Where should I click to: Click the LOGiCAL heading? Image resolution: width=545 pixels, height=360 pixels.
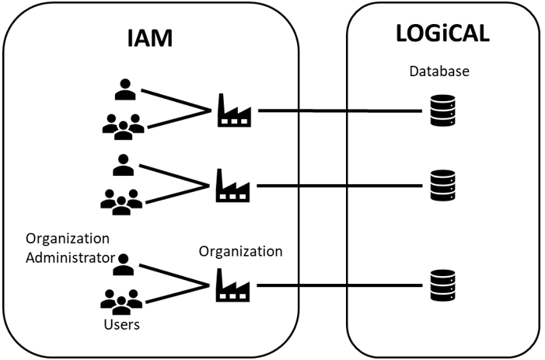[444, 36]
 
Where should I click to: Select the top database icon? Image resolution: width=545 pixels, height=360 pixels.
[442, 111]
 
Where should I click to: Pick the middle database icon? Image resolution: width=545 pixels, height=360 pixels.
[442, 186]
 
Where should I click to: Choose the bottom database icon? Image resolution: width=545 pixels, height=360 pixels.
[442, 285]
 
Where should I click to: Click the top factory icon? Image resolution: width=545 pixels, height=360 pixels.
[232, 110]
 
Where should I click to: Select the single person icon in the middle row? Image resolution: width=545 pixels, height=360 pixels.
[123, 165]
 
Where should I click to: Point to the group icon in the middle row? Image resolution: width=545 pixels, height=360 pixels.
[123, 201]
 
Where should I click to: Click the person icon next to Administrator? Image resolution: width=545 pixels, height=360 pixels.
[123, 265]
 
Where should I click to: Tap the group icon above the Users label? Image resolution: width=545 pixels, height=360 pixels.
[123, 300]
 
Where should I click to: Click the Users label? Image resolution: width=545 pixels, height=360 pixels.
[122, 324]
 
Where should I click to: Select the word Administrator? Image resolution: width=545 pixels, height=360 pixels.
[70, 257]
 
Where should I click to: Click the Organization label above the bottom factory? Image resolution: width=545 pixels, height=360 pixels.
[240, 251]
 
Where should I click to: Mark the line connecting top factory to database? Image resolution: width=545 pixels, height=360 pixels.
[342, 111]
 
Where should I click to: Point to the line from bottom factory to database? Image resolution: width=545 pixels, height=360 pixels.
[342, 285]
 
